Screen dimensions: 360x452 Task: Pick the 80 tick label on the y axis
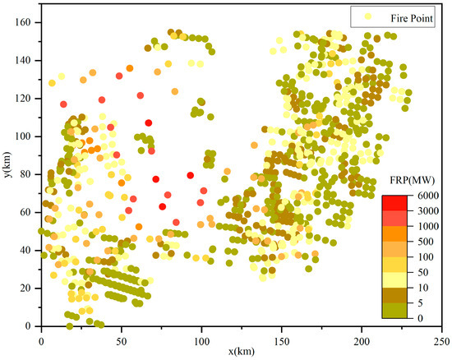coord(27,174)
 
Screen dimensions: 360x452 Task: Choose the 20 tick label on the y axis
coord(27,288)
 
